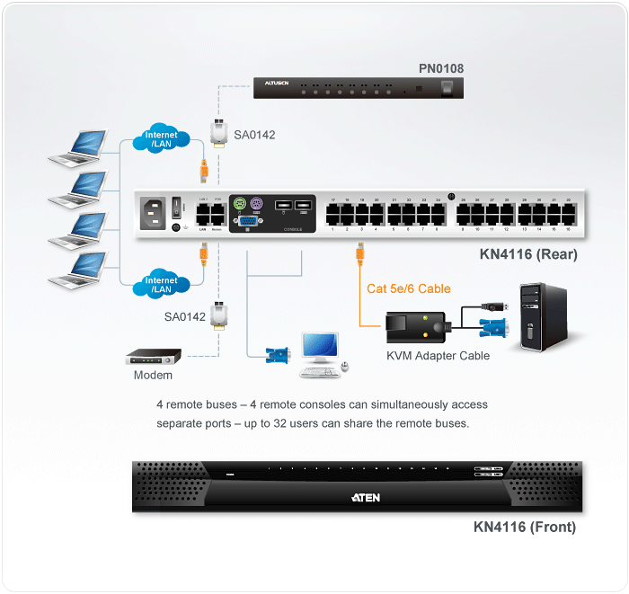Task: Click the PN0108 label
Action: coord(441,68)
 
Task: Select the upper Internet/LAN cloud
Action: coord(162,140)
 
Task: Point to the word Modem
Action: coord(153,375)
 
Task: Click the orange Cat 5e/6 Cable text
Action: coord(409,288)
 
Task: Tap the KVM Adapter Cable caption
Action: coord(439,356)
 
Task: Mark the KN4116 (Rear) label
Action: coord(528,254)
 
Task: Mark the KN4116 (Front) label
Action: coord(525,528)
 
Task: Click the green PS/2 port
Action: coord(239,203)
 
